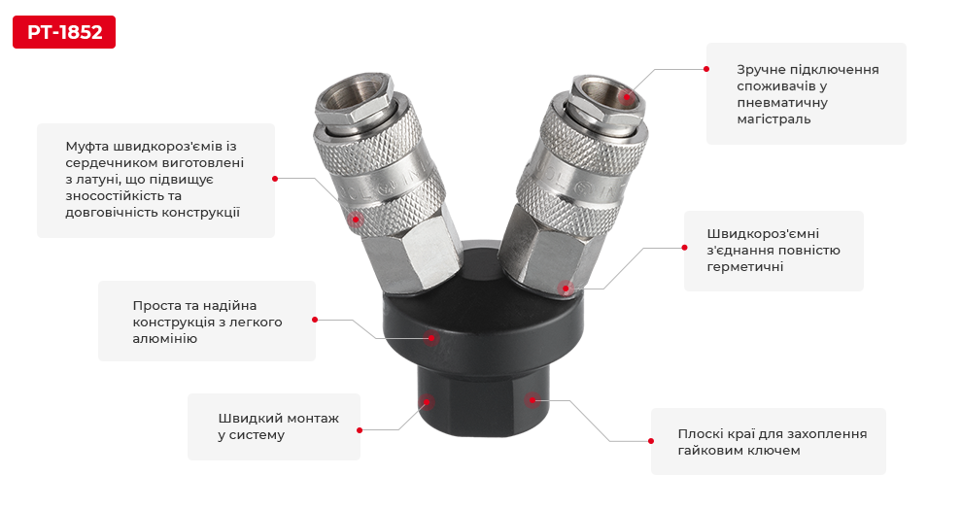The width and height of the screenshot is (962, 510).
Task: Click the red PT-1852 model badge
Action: click(x=64, y=32)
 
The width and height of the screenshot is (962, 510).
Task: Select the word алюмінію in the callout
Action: click(x=164, y=338)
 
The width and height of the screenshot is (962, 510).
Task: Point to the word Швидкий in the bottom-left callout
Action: click(x=247, y=418)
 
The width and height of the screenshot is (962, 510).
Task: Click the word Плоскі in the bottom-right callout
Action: click(x=701, y=434)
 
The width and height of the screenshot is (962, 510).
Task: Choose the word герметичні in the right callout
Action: click(x=744, y=267)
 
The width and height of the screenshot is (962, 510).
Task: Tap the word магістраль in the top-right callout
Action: click(x=773, y=119)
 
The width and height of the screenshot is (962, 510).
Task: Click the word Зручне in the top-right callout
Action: click(x=760, y=70)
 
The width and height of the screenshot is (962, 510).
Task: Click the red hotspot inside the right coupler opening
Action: click(x=627, y=96)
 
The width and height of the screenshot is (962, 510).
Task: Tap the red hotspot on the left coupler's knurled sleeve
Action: click(x=356, y=220)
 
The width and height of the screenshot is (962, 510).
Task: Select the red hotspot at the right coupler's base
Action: click(x=567, y=288)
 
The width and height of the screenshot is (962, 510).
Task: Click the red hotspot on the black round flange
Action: click(x=431, y=338)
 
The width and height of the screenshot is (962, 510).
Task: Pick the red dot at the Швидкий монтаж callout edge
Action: click(x=360, y=430)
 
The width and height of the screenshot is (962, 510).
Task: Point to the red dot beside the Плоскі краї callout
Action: click(x=651, y=441)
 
